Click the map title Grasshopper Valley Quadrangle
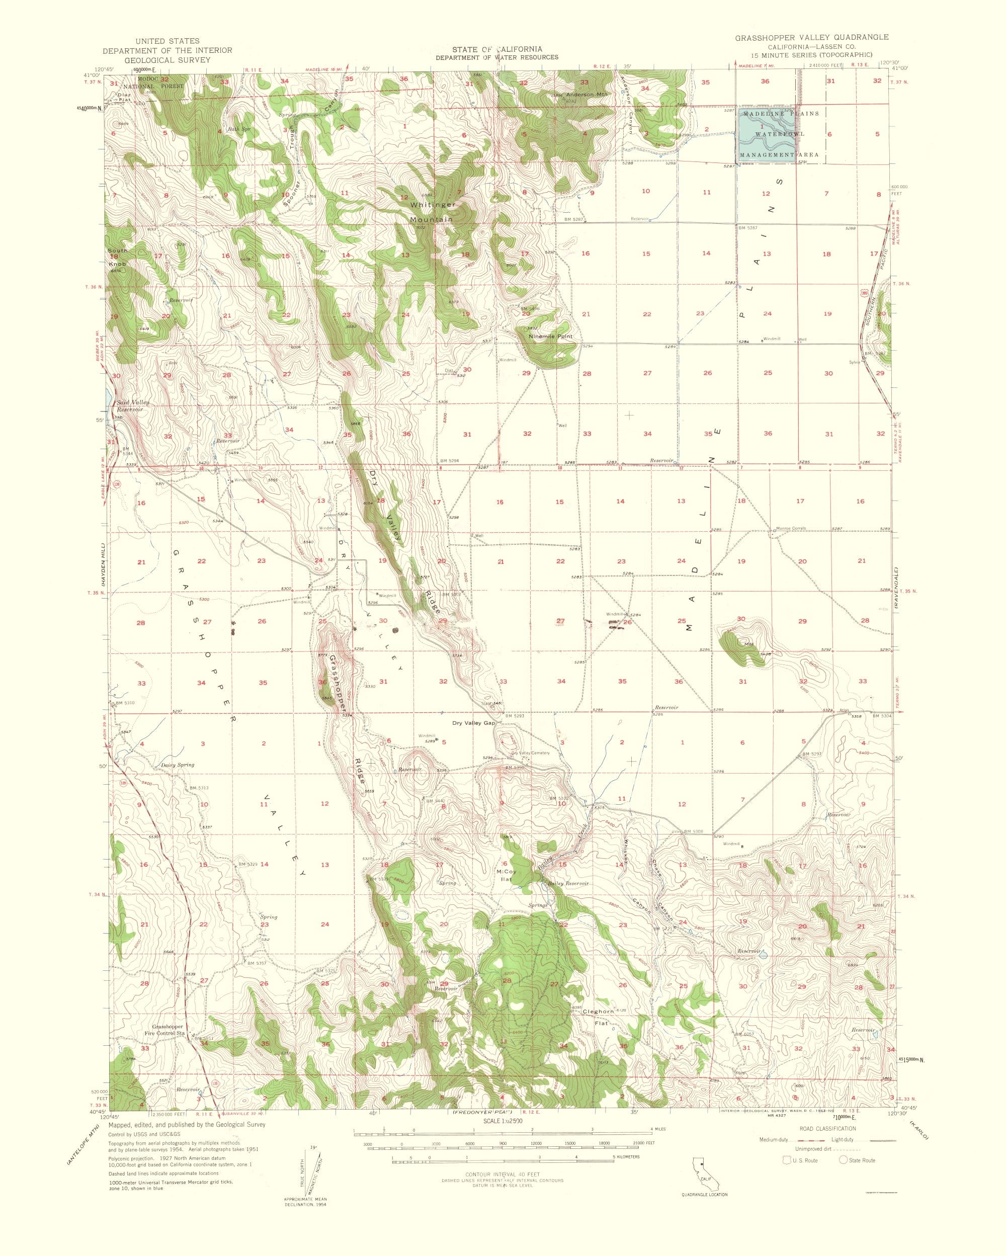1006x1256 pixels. [811, 37]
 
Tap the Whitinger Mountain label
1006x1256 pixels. [432, 212]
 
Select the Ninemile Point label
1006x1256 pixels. [550, 336]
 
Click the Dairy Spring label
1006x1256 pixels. [178, 765]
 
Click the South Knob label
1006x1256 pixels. [117, 257]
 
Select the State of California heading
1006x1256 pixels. [497, 49]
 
